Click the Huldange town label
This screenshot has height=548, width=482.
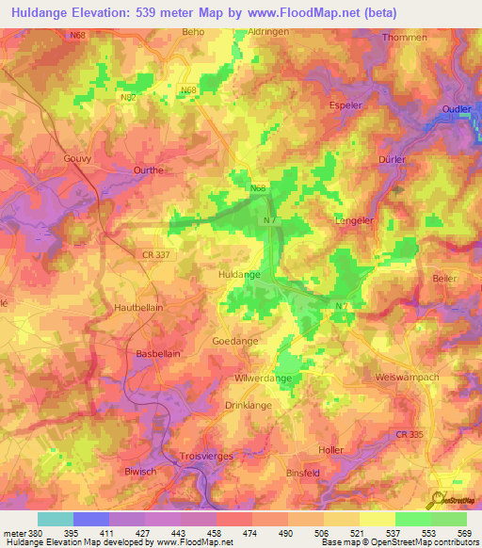241,276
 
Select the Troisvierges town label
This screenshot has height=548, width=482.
206,456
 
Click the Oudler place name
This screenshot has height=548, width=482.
457,106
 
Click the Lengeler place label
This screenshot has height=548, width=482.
355,220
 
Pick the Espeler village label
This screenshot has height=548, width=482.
345,105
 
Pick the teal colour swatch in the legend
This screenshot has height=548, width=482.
56,519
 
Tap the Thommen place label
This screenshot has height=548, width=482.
405,38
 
